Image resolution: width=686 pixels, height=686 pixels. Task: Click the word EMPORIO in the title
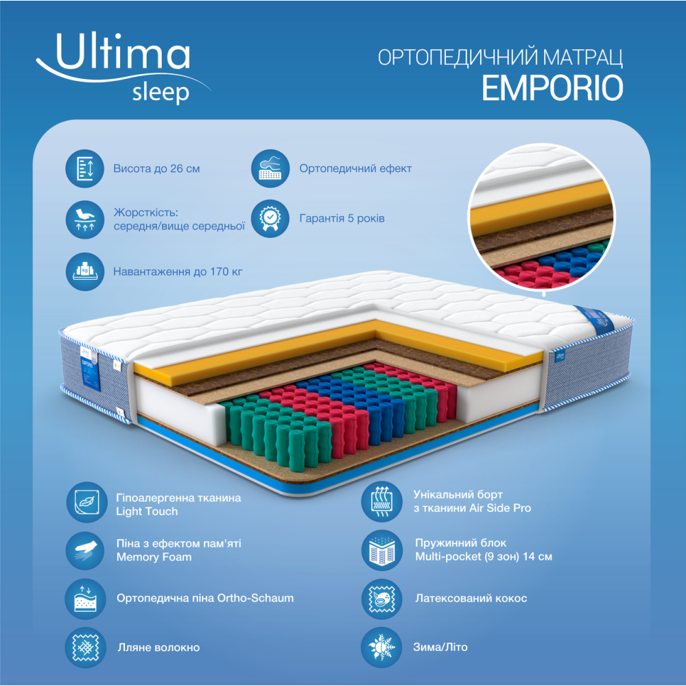(x=552, y=88)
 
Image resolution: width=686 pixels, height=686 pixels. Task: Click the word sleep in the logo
(x=161, y=93)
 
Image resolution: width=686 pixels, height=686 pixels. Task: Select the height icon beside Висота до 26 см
(x=85, y=169)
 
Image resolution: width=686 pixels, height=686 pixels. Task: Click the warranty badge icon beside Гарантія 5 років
(x=270, y=218)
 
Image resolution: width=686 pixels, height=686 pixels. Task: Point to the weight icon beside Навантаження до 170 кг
(x=85, y=271)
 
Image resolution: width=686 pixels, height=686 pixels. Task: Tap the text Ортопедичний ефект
(x=355, y=169)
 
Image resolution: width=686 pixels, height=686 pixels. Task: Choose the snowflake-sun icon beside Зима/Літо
(x=381, y=647)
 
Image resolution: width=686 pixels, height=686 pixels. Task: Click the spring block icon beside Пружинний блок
(x=381, y=550)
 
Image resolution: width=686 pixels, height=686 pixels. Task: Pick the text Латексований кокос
(x=471, y=598)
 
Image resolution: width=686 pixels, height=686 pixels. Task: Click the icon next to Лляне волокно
(x=86, y=648)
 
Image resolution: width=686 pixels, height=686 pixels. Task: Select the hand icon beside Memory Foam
(x=86, y=550)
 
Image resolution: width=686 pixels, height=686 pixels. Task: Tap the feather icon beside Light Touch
(x=86, y=502)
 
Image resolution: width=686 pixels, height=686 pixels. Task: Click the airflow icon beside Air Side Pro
(x=381, y=502)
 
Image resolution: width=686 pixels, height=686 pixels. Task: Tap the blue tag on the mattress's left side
(x=90, y=373)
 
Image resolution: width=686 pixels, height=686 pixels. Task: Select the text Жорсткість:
(x=145, y=213)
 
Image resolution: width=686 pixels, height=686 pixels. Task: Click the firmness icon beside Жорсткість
(x=85, y=220)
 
